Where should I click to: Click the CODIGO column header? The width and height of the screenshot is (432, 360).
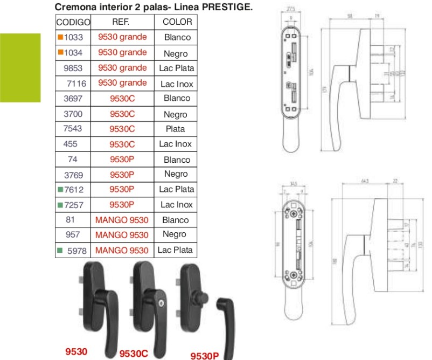[x=73, y=22]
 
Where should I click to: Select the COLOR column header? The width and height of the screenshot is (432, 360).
[x=177, y=22]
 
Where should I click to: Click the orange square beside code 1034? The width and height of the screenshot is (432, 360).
[x=61, y=53]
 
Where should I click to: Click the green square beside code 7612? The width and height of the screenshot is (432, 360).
[x=60, y=190]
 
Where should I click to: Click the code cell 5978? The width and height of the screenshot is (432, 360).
[x=76, y=250]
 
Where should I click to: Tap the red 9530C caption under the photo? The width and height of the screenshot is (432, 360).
[x=133, y=354]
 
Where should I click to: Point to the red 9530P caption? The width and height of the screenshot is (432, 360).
[x=205, y=355]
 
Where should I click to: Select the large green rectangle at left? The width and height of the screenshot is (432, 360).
[x=20, y=67]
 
